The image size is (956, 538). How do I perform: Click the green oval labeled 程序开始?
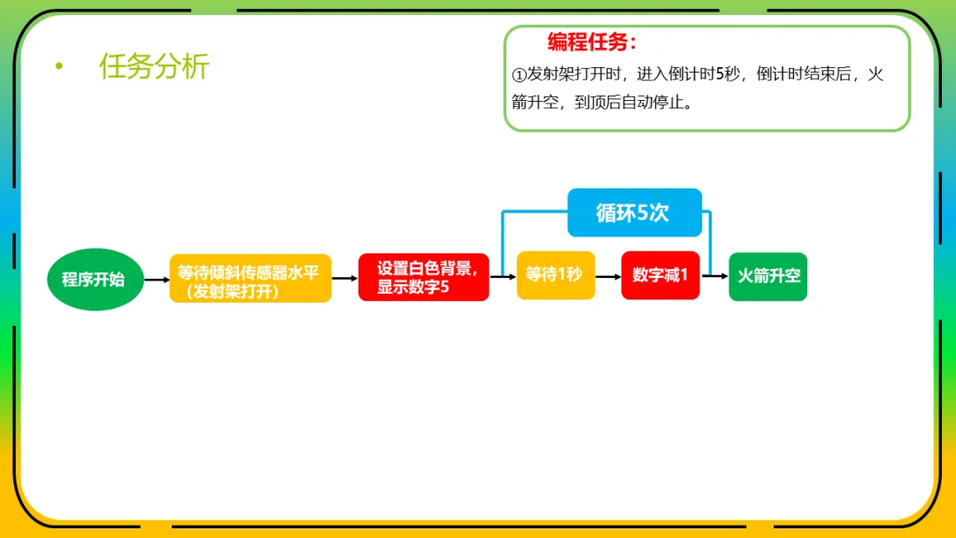pos(94,280)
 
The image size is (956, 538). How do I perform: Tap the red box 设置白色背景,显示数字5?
pos(423,277)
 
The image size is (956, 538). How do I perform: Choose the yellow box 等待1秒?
pos(555,275)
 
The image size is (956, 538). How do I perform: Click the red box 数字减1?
pos(659,275)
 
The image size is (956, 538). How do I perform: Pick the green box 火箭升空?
pos(767,276)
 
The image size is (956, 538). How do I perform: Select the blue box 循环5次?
pos(634,212)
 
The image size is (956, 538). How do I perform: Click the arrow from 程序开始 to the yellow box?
pos(156,280)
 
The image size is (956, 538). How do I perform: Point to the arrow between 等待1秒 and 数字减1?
pos(608,276)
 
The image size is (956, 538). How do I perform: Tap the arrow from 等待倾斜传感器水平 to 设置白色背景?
pos(344,279)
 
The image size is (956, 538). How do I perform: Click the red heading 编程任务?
pos(591,42)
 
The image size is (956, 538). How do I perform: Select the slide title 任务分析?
pos(154,66)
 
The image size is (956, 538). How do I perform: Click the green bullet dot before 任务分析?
pos(59,66)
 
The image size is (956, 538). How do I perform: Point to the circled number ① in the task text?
pos(519,75)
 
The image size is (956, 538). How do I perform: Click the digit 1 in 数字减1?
pos(683,275)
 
